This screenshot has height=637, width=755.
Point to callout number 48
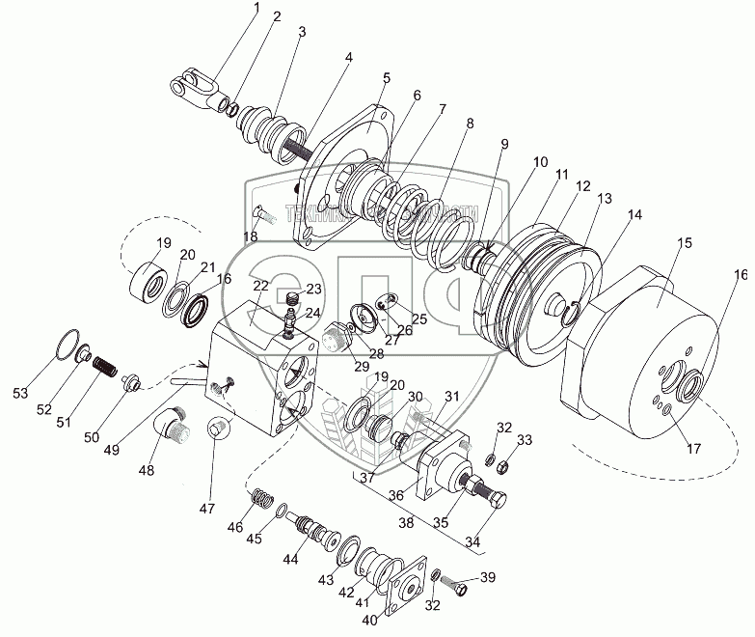pos(147,471)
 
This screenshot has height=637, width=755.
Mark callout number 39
pos(487,577)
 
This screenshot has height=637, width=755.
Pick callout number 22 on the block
pos(261,287)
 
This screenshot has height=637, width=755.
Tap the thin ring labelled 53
pos(66,344)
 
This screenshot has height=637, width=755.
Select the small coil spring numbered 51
pos(102,367)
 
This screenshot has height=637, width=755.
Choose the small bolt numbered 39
pos(461,586)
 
